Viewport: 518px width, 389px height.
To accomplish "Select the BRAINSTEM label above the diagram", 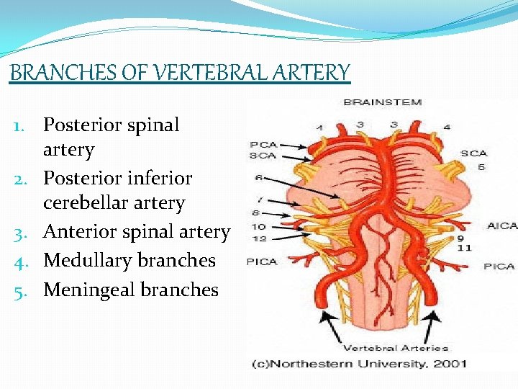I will (x=382, y=102).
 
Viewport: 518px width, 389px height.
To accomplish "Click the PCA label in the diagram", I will (x=264, y=144).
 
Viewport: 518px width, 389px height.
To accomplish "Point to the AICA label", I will (x=502, y=225).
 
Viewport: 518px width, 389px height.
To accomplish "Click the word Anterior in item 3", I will (x=78, y=232).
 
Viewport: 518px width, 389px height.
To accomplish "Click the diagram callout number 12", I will (x=260, y=238).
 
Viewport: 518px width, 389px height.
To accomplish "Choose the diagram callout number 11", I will (x=463, y=248).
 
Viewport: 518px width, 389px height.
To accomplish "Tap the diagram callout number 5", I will (x=481, y=167).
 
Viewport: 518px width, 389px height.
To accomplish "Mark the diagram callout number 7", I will (x=259, y=199).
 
